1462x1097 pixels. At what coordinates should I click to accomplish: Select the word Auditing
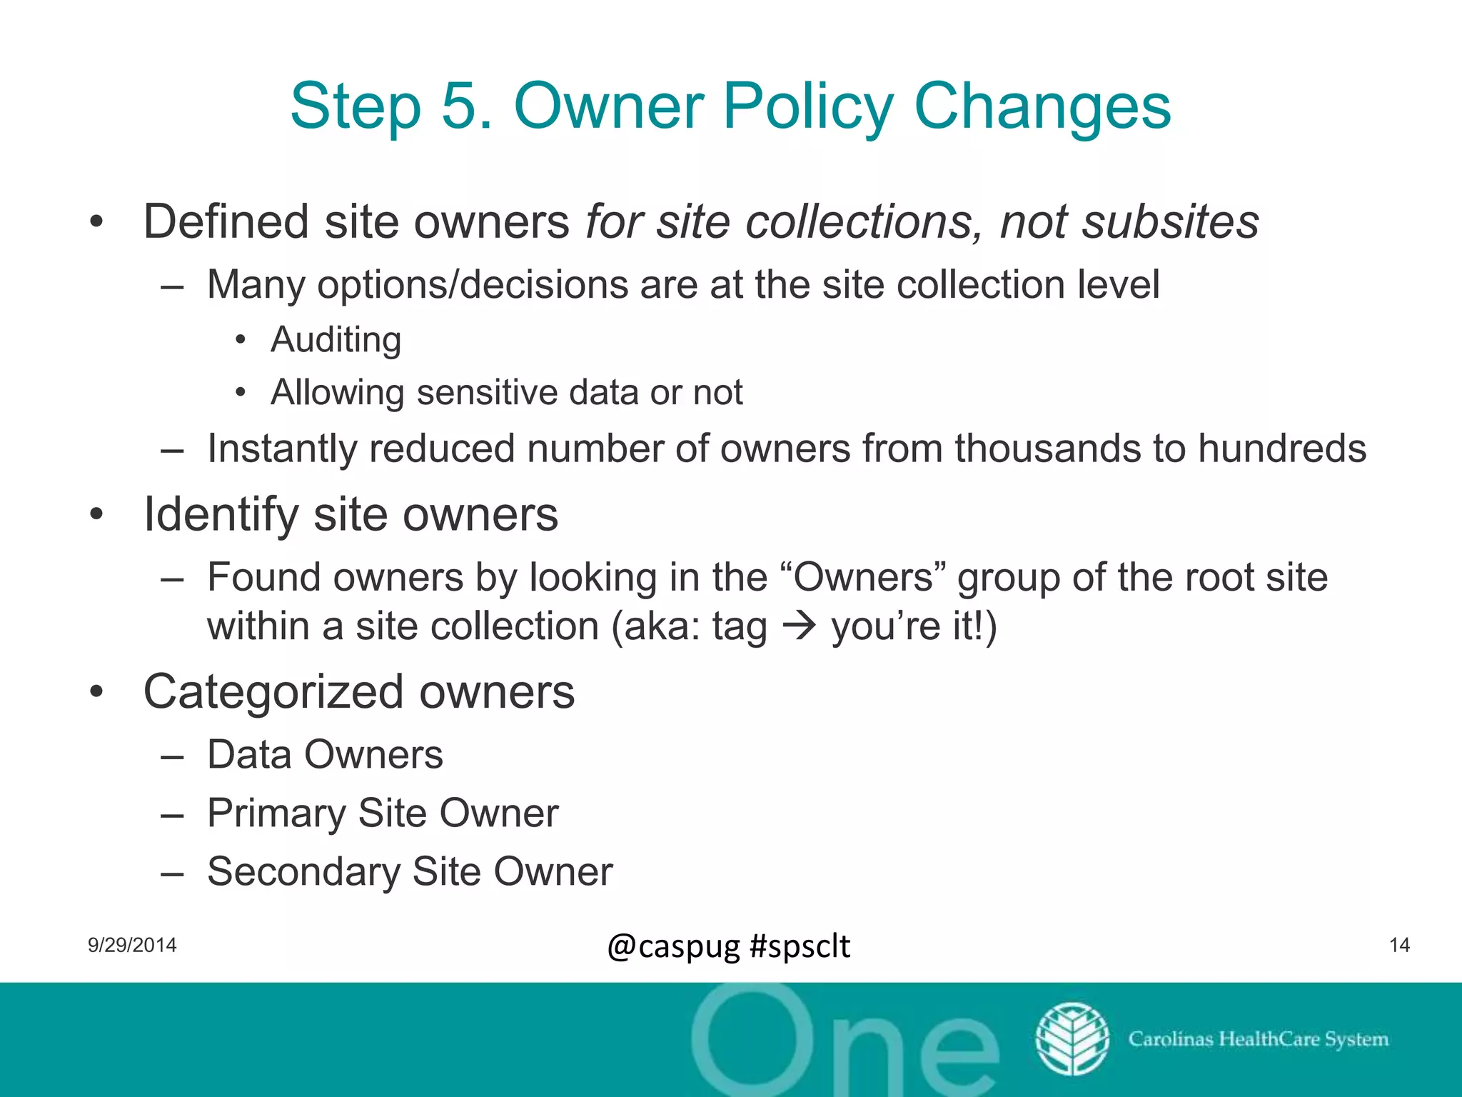tap(336, 340)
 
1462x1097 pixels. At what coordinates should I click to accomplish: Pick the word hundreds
tap(1281, 449)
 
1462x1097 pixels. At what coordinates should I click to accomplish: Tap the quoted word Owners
tap(863, 577)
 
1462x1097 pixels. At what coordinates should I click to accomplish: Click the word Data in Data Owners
tap(249, 755)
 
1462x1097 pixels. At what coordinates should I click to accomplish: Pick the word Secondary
tap(303, 872)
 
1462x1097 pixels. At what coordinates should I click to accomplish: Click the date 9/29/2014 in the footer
tap(132, 946)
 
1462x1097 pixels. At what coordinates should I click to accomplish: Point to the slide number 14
tap(1399, 946)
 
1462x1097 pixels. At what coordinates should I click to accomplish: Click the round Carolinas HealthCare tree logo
tap(1072, 1039)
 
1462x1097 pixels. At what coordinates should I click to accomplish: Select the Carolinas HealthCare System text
tap(1258, 1039)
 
